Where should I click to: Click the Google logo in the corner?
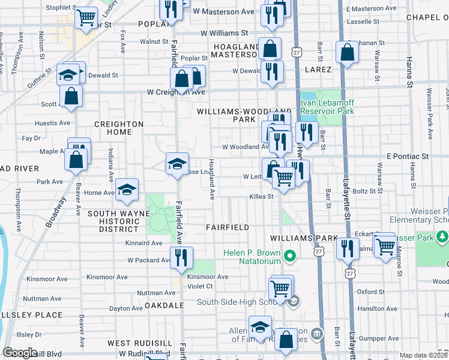point(20,353)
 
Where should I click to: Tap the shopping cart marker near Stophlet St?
point(86,17)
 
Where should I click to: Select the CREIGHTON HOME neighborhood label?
point(119,128)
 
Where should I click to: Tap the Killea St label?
point(262,196)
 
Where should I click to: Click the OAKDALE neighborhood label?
point(164,305)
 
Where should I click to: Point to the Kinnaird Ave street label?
point(144,243)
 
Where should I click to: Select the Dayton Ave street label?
point(126,308)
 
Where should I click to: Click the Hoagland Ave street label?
point(211,179)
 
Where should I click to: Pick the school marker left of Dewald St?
point(68,75)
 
